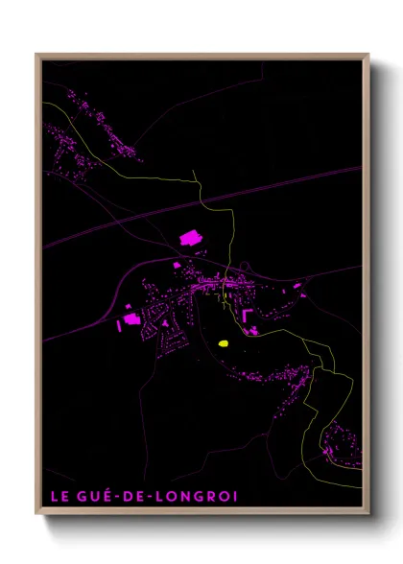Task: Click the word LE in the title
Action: (58, 496)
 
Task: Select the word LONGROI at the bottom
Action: (202, 496)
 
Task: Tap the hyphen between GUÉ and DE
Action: (118, 497)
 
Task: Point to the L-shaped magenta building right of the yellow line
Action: (247, 315)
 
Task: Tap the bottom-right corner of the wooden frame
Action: (368, 514)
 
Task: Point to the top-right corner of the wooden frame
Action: (368, 55)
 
